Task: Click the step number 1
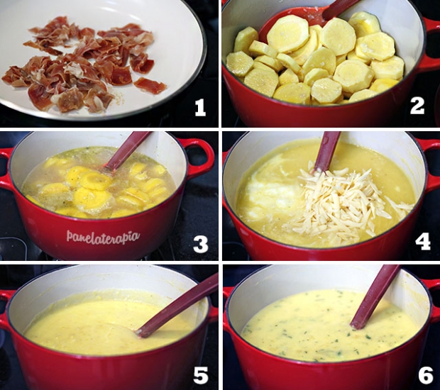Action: click(200, 108)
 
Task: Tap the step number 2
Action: click(417, 106)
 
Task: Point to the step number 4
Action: click(423, 242)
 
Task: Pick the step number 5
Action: click(201, 375)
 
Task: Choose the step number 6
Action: click(425, 375)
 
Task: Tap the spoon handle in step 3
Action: click(127, 152)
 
